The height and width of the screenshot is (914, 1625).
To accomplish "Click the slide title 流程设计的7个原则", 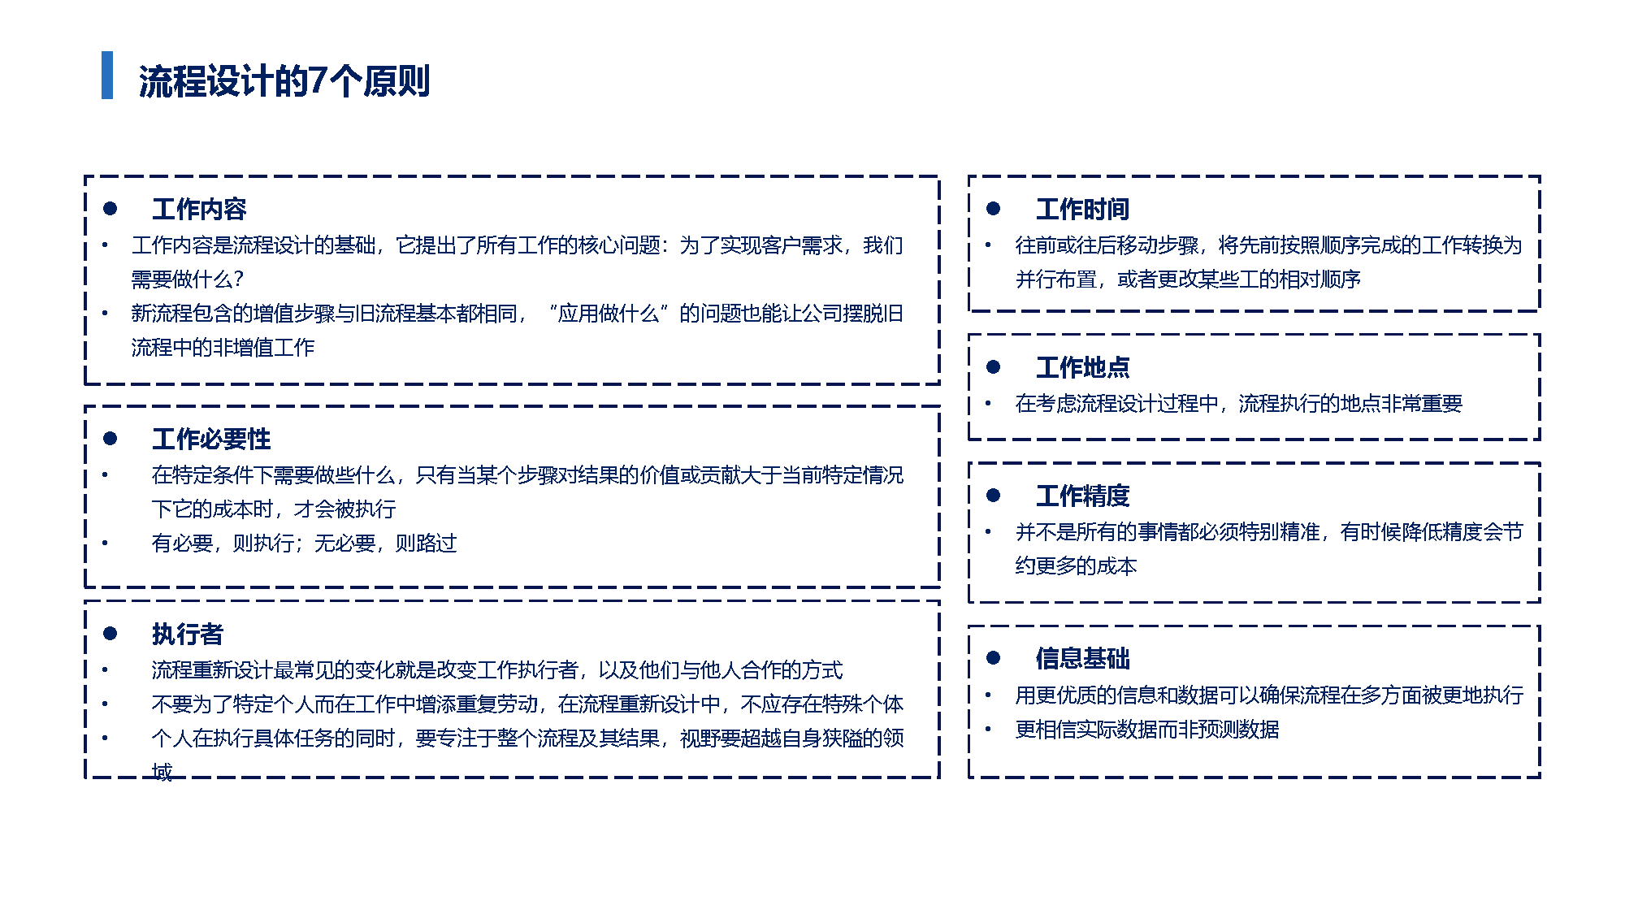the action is (x=284, y=80).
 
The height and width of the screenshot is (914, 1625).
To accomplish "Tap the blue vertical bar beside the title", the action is (x=107, y=75).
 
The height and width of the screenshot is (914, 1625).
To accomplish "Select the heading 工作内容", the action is (x=199, y=209).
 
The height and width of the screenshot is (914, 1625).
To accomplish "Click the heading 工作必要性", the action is (x=211, y=439).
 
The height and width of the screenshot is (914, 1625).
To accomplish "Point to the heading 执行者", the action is (x=188, y=634).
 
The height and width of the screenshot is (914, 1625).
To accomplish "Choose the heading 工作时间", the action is (x=1082, y=209).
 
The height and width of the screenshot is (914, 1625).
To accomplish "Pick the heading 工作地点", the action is (x=1082, y=367).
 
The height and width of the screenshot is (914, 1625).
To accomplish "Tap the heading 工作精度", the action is (x=1082, y=496).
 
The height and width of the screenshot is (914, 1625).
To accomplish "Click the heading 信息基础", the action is (x=1082, y=658).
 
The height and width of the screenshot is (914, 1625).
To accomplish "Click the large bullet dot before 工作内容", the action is (x=110, y=209).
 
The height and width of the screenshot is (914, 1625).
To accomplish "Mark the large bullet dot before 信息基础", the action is (x=993, y=658).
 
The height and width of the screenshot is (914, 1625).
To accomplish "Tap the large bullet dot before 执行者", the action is (x=110, y=634).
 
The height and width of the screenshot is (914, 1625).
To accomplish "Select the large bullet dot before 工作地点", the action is (x=993, y=367).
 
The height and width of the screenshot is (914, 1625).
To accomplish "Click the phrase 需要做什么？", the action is (x=188, y=279).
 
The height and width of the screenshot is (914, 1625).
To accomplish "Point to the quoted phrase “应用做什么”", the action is (x=609, y=314).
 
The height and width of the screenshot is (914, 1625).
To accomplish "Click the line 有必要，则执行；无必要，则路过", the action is (x=304, y=543).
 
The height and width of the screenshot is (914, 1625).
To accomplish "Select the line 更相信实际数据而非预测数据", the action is (x=1147, y=730).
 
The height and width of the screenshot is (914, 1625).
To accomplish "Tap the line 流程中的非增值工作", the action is (x=223, y=348).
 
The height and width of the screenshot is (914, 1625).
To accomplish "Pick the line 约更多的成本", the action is (x=1076, y=566).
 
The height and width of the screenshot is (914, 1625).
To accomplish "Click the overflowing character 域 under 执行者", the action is (x=162, y=772).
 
